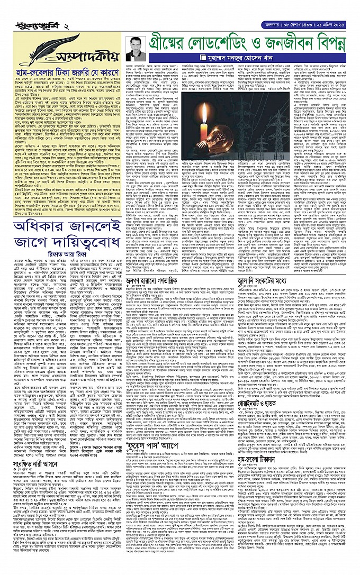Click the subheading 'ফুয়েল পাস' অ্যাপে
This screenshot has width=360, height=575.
pyautogui.click(x=148, y=400)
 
